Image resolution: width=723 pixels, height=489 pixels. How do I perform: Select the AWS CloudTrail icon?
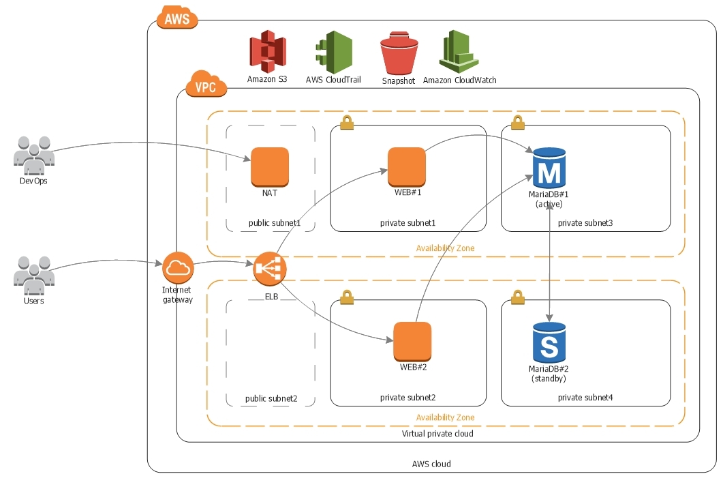pyautogui.click(x=333, y=52)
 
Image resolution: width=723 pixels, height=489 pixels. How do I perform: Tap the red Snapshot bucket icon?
pyautogui.click(x=398, y=54)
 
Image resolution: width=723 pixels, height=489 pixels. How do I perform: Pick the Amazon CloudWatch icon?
pyautogui.click(x=459, y=52)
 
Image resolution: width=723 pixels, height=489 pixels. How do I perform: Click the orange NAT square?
pyautogui.click(x=270, y=167)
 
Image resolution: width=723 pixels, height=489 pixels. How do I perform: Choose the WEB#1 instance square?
pyautogui.click(x=407, y=166)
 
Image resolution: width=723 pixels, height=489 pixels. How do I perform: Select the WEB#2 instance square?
pyautogui.click(x=412, y=341)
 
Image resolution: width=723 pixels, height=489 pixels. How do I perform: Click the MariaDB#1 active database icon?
pyautogui.click(x=549, y=168)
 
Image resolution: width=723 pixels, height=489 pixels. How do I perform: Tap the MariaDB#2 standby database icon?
pyautogui.click(x=549, y=342)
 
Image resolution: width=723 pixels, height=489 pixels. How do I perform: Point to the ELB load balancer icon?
pyautogui.click(x=270, y=269)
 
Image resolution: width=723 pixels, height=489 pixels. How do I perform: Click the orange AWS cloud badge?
pyautogui.click(x=177, y=18)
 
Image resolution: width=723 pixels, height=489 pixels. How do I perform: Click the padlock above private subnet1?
pyautogui.click(x=347, y=122)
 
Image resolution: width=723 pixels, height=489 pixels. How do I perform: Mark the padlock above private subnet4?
pyautogui.click(x=517, y=297)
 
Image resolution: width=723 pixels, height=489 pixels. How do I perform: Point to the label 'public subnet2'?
pyautogui.click(x=271, y=398)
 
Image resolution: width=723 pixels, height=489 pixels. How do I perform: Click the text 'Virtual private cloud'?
pyautogui.click(x=437, y=434)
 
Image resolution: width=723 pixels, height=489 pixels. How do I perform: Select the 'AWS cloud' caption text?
pyautogui.click(x=431, y=464)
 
